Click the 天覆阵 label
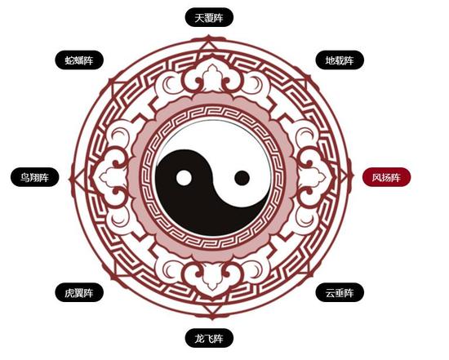click(209, 17)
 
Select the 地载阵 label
click(340, 60)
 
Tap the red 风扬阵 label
click(387, 177)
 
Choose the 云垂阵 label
click(340, 292)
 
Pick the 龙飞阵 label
click(209, 339)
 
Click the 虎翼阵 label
click(79, 292)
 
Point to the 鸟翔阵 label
click(34, 177)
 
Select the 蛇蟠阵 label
click(79, 60)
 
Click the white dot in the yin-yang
click(184, 178)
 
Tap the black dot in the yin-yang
click(242, 178)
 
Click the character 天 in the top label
click(199, 18)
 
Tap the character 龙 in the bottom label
click(199, 339)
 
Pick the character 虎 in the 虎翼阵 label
click(69, 293)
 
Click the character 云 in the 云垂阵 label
click(330, 293)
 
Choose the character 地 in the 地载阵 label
click(330, 60)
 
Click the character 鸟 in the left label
click(25, 177)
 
